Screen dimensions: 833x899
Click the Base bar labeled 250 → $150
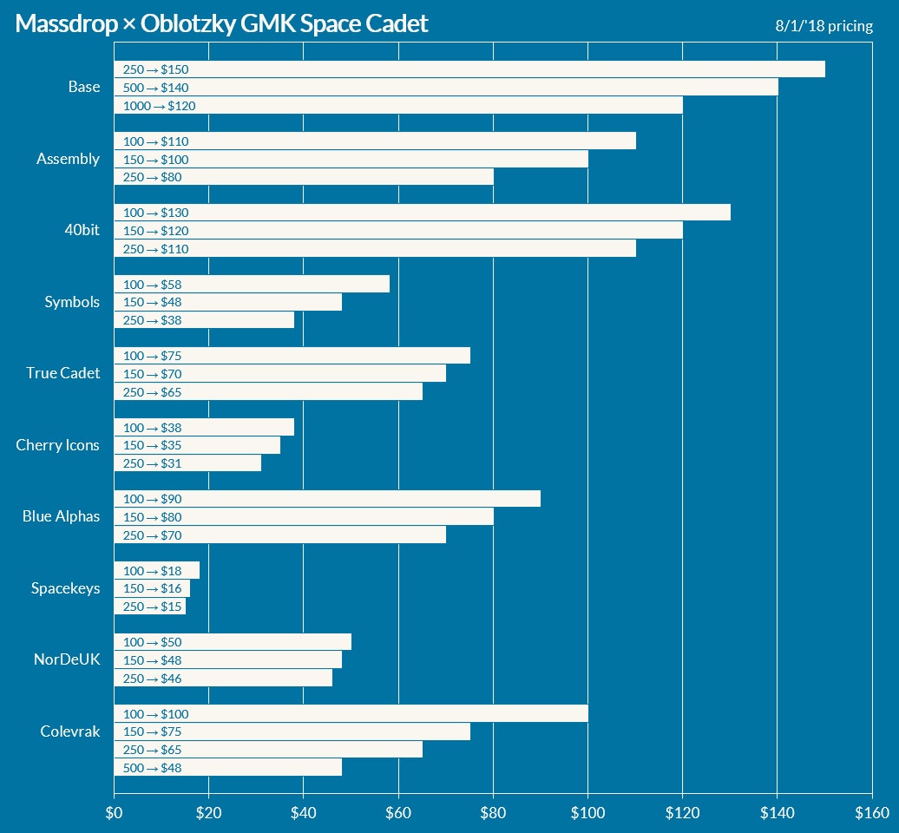click(x=469, y=69)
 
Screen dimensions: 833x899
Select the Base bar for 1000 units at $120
click(x=397, y=106)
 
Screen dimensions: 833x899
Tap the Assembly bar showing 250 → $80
click(x=304, y=177)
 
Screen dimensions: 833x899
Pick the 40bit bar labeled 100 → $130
click(x=422, y=213)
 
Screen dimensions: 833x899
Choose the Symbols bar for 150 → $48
click(x=227, y=302)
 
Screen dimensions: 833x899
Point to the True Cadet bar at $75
click(x=292, y=356)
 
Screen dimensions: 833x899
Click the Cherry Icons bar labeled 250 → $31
click(x=187, y=463)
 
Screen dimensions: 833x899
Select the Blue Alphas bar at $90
click(x=327, y=499)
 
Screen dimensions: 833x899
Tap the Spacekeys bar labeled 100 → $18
click(x=156, y=570)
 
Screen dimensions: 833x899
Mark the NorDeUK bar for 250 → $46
click(x=223, y=679)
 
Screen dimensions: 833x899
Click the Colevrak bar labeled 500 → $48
click(x=227, y=768)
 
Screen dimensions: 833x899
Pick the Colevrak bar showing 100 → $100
click(x=351, y=714)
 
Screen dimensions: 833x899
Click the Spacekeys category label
click(x=65, y=588)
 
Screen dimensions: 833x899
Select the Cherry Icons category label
click(x=57, y=445)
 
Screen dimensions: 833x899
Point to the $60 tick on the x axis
click(x=398, y=813)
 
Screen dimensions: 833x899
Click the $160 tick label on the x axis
click(x=871, y=813)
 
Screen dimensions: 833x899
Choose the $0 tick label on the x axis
click(x=114, y=813)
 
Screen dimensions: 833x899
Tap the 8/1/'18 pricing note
click(x=824, y=26)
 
